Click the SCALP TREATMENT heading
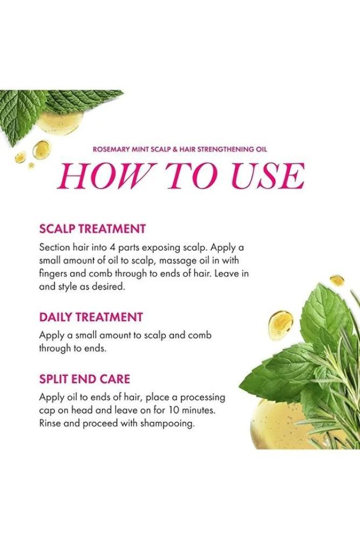pyautogui.click(x=93, y=229)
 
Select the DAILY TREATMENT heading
pyautogui.click(x=91, y=317)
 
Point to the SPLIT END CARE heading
pyautogui.click(x=85, y=379)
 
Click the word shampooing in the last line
pyautogui.click(x=167, y=424)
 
